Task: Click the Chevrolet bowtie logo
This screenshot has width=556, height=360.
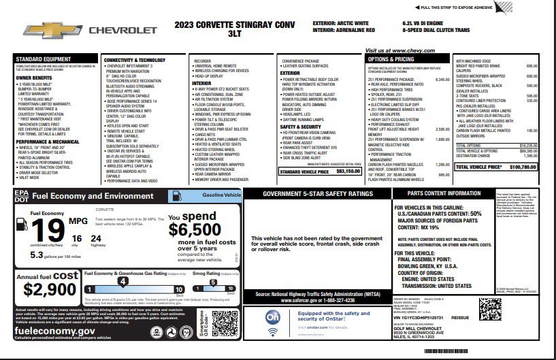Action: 45,31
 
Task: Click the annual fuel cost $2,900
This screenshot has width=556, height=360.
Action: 50,289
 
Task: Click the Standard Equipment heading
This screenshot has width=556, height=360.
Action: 43,60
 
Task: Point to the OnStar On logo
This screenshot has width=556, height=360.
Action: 272,318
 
